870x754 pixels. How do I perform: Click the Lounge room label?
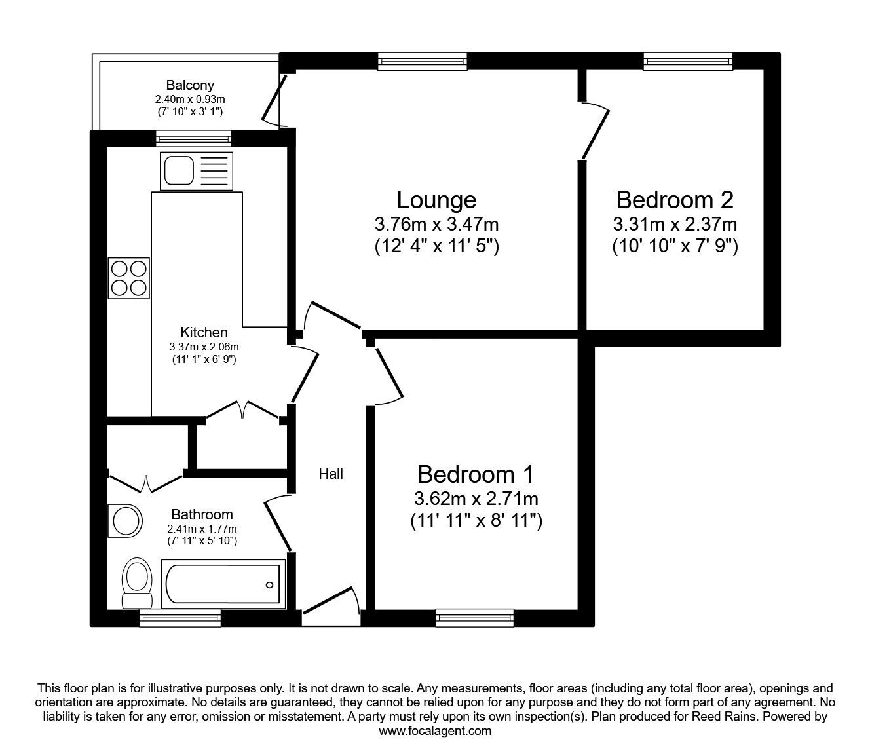tap(436, 199)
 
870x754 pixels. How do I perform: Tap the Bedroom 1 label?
tap(476, 474)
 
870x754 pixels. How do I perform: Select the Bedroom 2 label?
tap(675, 199)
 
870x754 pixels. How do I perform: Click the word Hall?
tap(331, 474)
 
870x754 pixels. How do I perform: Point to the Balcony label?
tap(189, 85)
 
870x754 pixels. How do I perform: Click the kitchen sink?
tap(195, 170)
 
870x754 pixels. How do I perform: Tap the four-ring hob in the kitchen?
tap(129, 278)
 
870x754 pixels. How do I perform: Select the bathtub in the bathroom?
tap(223, 584)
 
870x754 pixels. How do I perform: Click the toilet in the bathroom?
tap(137, 583)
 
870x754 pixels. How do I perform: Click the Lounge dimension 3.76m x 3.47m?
tap(436, 225)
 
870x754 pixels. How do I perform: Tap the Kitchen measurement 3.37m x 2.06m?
tap(204, 347)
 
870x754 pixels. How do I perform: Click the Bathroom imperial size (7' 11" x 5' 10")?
tap(202, 541)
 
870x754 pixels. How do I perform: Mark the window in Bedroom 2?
tap(688, 62)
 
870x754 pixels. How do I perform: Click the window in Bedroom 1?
tap(474, 617)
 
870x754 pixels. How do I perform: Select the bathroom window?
tap(180, 617)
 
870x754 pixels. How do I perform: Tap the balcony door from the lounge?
tap(274, 102)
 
